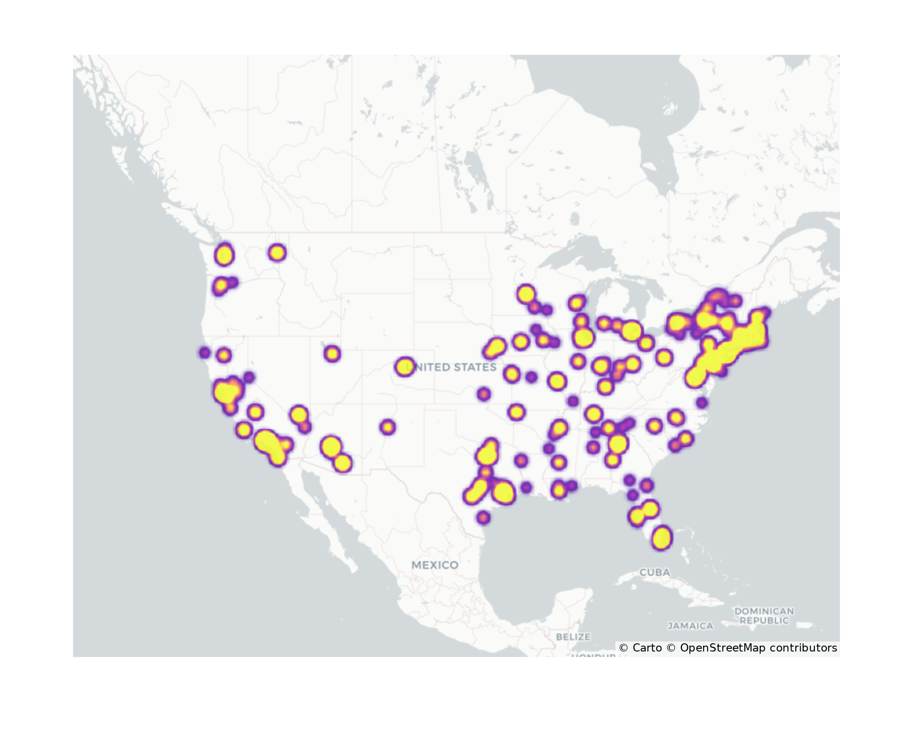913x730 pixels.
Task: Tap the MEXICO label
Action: click(435, 565)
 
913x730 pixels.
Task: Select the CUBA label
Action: click(655, 572)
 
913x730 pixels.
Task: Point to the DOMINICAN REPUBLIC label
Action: click(764, 615)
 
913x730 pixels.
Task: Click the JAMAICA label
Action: click(690, 626)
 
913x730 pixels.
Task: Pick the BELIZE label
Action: click(573, 636)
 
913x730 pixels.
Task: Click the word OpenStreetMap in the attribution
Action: click(722, 648)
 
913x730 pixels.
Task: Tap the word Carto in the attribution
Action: click(647, 648)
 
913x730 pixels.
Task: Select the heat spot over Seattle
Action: click(224, 255)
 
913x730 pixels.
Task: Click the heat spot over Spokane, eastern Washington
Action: click(277, 252)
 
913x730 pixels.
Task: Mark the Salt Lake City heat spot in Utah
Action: click(332, 353)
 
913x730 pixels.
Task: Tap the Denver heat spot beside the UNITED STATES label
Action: click(404, 366)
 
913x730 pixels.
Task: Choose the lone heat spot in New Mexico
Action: click(388, 427)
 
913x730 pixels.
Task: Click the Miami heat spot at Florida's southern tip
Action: click(662, 538)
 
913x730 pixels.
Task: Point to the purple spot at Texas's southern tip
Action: click(483, 517)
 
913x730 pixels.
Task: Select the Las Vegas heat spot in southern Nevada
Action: click(299, 415)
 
